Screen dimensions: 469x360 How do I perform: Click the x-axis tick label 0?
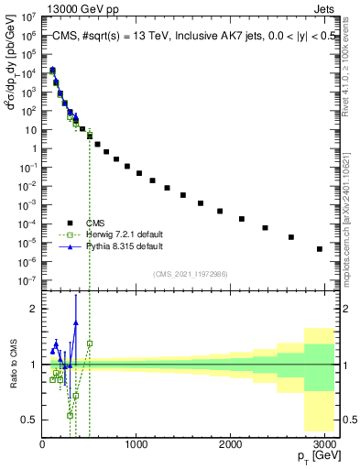tap(42, 444)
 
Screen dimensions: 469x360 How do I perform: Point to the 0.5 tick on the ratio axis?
tap(29, 420)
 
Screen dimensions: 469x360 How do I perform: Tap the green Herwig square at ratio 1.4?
tap(90, 344)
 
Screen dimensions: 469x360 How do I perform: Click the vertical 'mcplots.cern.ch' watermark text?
tap(351, 229)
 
